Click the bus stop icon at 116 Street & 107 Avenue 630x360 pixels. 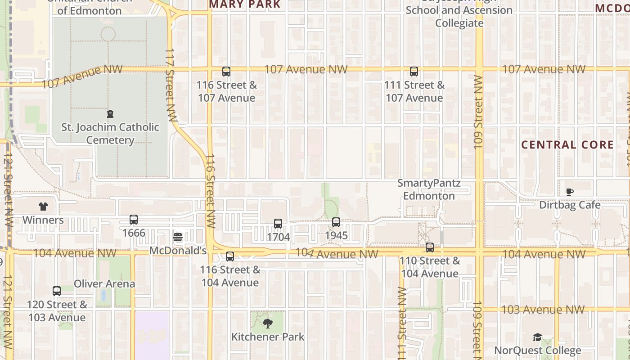[x=226, y=72]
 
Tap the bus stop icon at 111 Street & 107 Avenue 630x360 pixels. [x=414, y=72]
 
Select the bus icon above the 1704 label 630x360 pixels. [x=278, y=224]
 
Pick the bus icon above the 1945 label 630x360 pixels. [x=336, y=222]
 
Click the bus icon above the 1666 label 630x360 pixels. [x=134, y=220]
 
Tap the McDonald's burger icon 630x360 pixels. [x=178, y=237]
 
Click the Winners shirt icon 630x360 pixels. [x=43, y=207]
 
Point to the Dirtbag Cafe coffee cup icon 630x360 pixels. [x=570, y=192]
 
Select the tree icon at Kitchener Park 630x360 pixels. [x=268, y=323]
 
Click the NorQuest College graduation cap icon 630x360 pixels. [x=537, y=337]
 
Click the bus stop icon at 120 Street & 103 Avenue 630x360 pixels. [x=57, y=291]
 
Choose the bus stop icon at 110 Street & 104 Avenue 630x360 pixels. [x=430, y=247]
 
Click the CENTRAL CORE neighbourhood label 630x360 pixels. [x=567, y=144]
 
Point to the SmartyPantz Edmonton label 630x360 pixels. [x=429, y=189]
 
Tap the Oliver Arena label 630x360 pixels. [x=104, y=283]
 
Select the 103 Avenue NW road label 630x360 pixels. [x=543, y=310]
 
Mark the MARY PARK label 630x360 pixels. [x=245, y=4]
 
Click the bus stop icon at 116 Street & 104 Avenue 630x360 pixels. [x=230, y=257]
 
